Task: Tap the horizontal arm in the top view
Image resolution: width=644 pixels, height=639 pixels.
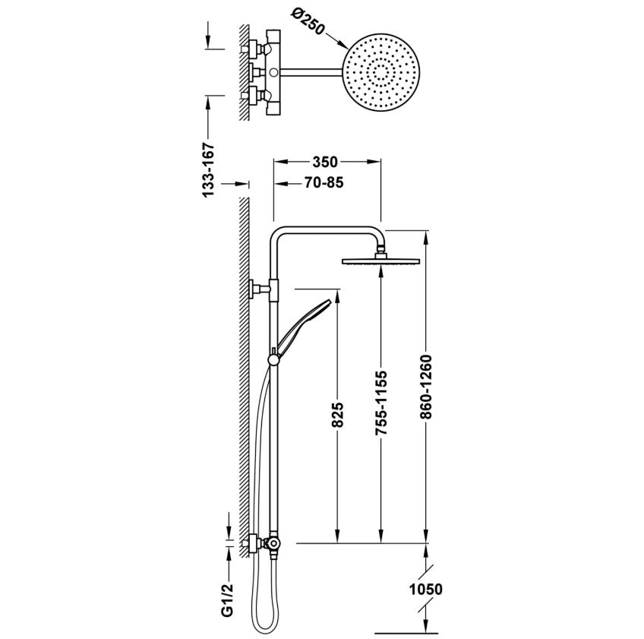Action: (311, 72)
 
